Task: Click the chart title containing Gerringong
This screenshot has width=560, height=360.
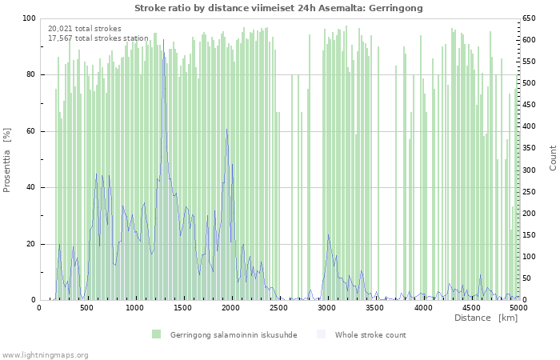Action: point(278,8)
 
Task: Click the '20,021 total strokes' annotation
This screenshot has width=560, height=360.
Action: point(85,29)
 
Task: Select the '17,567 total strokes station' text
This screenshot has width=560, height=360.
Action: point(98,38)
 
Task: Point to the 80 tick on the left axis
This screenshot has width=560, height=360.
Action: point(30,74)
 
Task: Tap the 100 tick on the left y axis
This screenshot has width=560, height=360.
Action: point(29,18)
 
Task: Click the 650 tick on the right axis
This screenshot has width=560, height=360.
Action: point(530,18)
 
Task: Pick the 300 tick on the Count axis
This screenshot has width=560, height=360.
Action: point(530,170)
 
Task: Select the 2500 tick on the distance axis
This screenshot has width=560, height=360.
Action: point(279,307)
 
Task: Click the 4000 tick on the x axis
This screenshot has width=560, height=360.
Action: point(423,307)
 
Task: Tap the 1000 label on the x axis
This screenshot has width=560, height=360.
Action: point(135,307)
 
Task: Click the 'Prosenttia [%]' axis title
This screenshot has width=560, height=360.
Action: point(7,160)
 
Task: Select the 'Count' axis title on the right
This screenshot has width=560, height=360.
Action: point(553,158)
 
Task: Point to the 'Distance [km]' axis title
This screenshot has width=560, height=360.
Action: point(486,318)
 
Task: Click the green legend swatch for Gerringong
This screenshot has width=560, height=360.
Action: point(156,334)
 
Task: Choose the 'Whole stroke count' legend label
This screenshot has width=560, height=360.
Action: point(370,334)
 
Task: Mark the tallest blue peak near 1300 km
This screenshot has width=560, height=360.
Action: point(164,40)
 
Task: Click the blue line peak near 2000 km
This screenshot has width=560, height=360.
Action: point(226,130)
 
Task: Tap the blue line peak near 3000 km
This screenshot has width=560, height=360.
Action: point(328,234)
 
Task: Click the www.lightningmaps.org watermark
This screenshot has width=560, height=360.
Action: point(45,354)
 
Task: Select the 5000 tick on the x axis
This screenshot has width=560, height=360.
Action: point(518,307)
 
